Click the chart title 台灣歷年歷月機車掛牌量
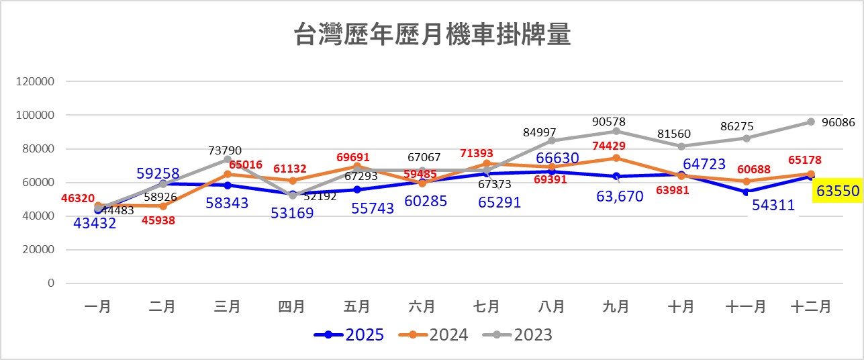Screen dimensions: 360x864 point(432,35)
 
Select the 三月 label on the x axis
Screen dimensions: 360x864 point(228,307)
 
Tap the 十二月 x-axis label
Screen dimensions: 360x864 point(811,307)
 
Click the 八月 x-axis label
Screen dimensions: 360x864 point(551,307)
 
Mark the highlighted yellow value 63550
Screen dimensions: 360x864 point(836,191)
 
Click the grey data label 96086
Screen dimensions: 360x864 point(836,123)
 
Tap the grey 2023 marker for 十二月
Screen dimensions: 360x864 point(811,122)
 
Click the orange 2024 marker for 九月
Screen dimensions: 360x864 point(616,158)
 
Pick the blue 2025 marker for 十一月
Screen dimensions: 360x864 point(746,191)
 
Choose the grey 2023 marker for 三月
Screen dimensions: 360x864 point(228,159)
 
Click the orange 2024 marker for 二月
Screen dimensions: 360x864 point(163,206)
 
